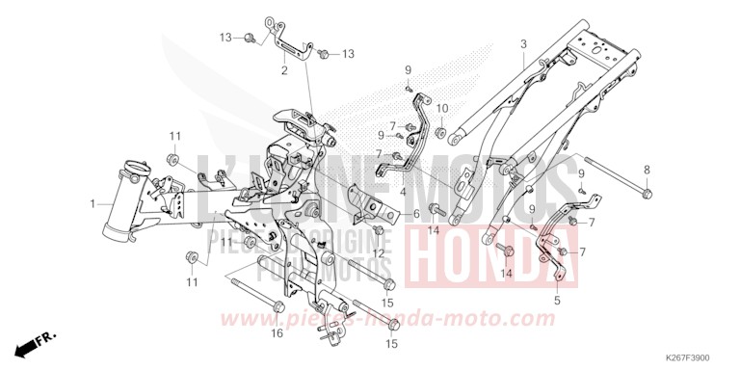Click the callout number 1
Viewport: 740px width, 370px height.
92,204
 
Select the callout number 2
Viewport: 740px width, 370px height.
284,70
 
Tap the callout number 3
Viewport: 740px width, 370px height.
523,44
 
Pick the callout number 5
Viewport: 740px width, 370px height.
556,301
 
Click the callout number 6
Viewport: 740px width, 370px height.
416,213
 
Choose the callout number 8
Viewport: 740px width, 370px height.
674,170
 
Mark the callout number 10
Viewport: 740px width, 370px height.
443,108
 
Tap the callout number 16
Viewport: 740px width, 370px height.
277,333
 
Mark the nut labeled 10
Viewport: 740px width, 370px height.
440,131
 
